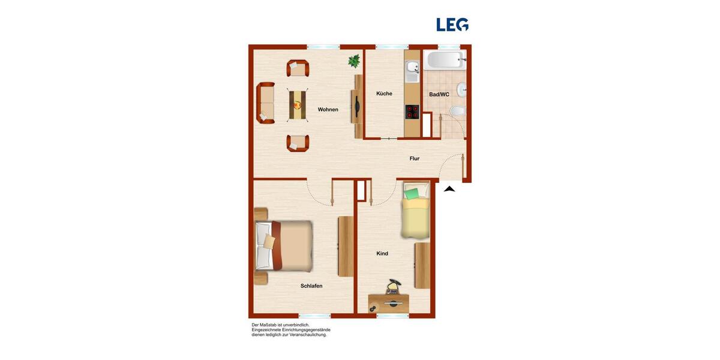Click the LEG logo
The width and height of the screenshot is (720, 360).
(452, 25)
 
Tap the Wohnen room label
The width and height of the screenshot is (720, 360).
(328, 110)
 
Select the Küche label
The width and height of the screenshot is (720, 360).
(384, 94)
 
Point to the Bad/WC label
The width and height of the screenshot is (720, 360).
(439, 94)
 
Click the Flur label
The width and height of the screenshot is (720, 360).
(414, 158)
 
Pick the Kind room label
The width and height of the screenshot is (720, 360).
(382, 254)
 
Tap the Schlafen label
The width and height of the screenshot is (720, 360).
(311, 286)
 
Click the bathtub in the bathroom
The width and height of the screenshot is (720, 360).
(444, 60)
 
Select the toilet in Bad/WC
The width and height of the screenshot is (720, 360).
(458, 110)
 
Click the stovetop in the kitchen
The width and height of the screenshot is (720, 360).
(412, 112)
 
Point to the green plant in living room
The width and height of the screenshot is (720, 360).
(355, 61)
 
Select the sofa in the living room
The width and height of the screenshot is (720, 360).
(265, 103)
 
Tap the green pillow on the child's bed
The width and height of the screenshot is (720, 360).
(412, 194)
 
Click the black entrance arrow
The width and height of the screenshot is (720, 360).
(449, 189)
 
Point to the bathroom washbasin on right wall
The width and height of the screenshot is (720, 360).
(461, 90)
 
